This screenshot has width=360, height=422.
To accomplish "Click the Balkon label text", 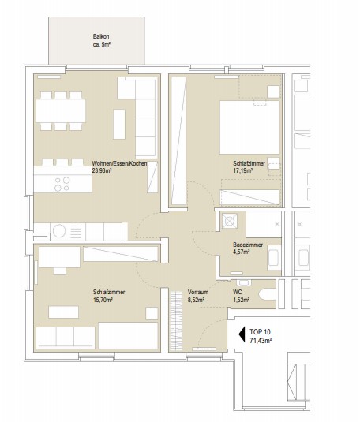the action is pyautogui.click(x=101, y=36).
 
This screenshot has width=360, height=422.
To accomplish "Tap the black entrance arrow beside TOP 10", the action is pyautogui.click(x=242, y=334).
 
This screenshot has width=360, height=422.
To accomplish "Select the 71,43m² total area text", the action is pyautogui.click(x=261, y=341).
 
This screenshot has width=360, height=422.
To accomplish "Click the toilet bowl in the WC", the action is pyautogui.click(x=268, y=294).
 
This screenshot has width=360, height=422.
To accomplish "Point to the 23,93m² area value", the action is pyautogui.click(x=102, y=170).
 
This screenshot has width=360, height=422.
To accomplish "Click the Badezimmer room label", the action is pyautogui.click(x=248, y=245).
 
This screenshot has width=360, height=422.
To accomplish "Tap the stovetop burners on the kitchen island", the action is pyautogui.click(x=62, y=184).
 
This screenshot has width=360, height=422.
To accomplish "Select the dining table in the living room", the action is pyautogui.click(x=61, y=111).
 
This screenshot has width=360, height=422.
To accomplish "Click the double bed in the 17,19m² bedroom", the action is pyautogui.click(x=249, y=127).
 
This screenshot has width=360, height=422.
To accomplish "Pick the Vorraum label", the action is pyautogui.click(x=198, y=292).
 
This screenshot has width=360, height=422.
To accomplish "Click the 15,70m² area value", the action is pyautogui.click(x=103, y=299).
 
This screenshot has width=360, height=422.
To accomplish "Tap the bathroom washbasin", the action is pyautogui.click(x=274, y=258).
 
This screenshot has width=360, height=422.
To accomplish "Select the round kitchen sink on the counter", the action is pyautogui.click(x=59, y=231).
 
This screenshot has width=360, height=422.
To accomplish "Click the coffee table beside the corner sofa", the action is pyautogui.click(x=119, y=124).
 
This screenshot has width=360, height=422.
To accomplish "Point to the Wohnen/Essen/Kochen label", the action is pyautogui.click(x=120, y=163).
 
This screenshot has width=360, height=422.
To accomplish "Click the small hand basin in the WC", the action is pyautogui.click(x=244, y=282).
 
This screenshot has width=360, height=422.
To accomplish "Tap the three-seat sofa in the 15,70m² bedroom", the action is pyautogui.click(x=66, y=337).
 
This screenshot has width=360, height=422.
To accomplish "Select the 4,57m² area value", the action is pyautogui.click(x=241, y=252).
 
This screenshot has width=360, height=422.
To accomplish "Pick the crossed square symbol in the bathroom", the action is pyautogui.click(x=230, y=221).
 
